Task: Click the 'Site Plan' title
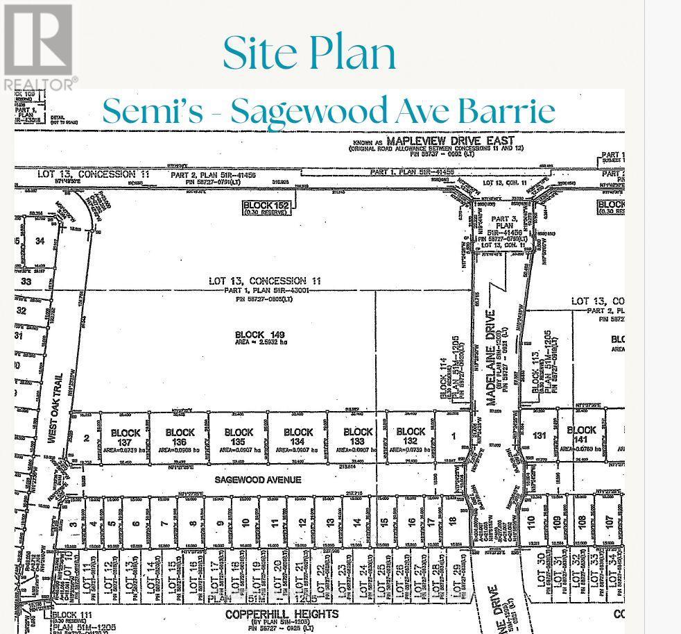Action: pos(309,53)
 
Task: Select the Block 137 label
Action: pos(126,437)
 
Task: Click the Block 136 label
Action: pos(180,437)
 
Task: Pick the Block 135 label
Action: pos(239,437)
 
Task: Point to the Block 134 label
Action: pos(298,437)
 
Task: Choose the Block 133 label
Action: pos(358,437)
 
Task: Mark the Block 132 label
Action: pos(411,437)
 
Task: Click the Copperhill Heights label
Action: pos(282,615)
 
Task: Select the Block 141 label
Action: pos(581,435)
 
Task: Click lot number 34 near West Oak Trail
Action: pos(40,241)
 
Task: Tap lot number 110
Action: pos(531,521)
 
